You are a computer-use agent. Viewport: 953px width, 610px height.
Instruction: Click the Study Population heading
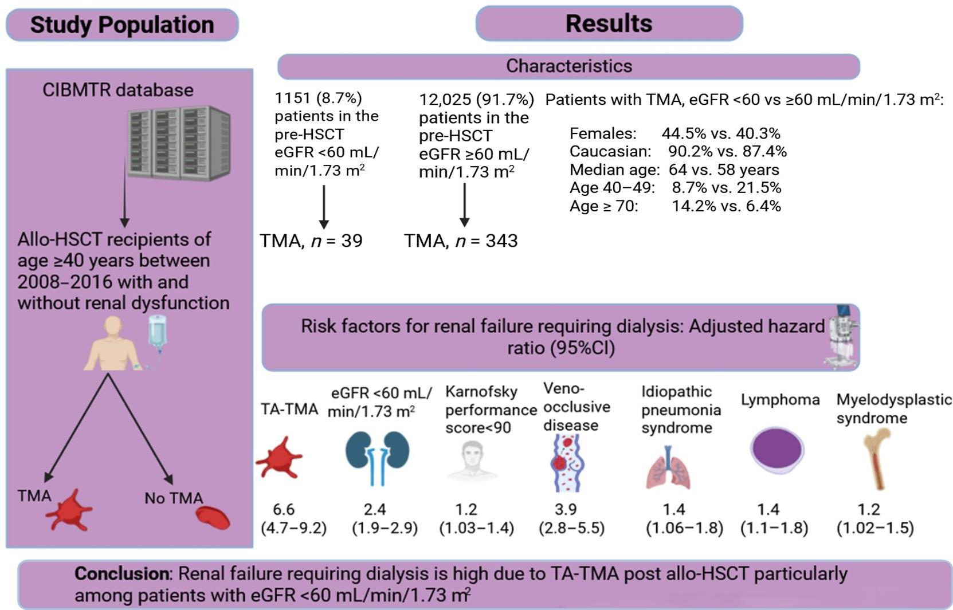coord(122,25)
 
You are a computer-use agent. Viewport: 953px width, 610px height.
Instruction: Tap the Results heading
coord(609,24)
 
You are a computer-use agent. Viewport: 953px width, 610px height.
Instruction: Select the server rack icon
coord(179,143)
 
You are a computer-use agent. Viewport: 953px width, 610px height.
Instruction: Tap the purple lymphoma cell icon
coord(776,450)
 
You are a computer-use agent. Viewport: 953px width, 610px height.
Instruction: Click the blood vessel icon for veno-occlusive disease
coord(566,462)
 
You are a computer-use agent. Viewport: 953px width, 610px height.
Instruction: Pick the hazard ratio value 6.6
coord(284,509)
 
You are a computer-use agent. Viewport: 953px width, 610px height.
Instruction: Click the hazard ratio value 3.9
coord(566,509)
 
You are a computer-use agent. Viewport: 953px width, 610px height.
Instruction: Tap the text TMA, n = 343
coord(461,241)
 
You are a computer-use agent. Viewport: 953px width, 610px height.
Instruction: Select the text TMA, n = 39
coord(311,241)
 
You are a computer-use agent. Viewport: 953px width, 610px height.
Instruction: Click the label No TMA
coord(174,498)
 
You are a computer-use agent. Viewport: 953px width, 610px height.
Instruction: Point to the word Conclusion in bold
coord(121,574)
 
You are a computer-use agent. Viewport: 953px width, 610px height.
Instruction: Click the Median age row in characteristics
coord(674,170)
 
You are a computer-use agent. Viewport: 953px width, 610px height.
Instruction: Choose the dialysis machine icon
coord(841,337)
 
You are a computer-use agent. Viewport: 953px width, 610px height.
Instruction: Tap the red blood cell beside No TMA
coord(213,517)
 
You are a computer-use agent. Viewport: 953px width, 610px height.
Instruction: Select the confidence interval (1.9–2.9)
coord(385,528)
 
